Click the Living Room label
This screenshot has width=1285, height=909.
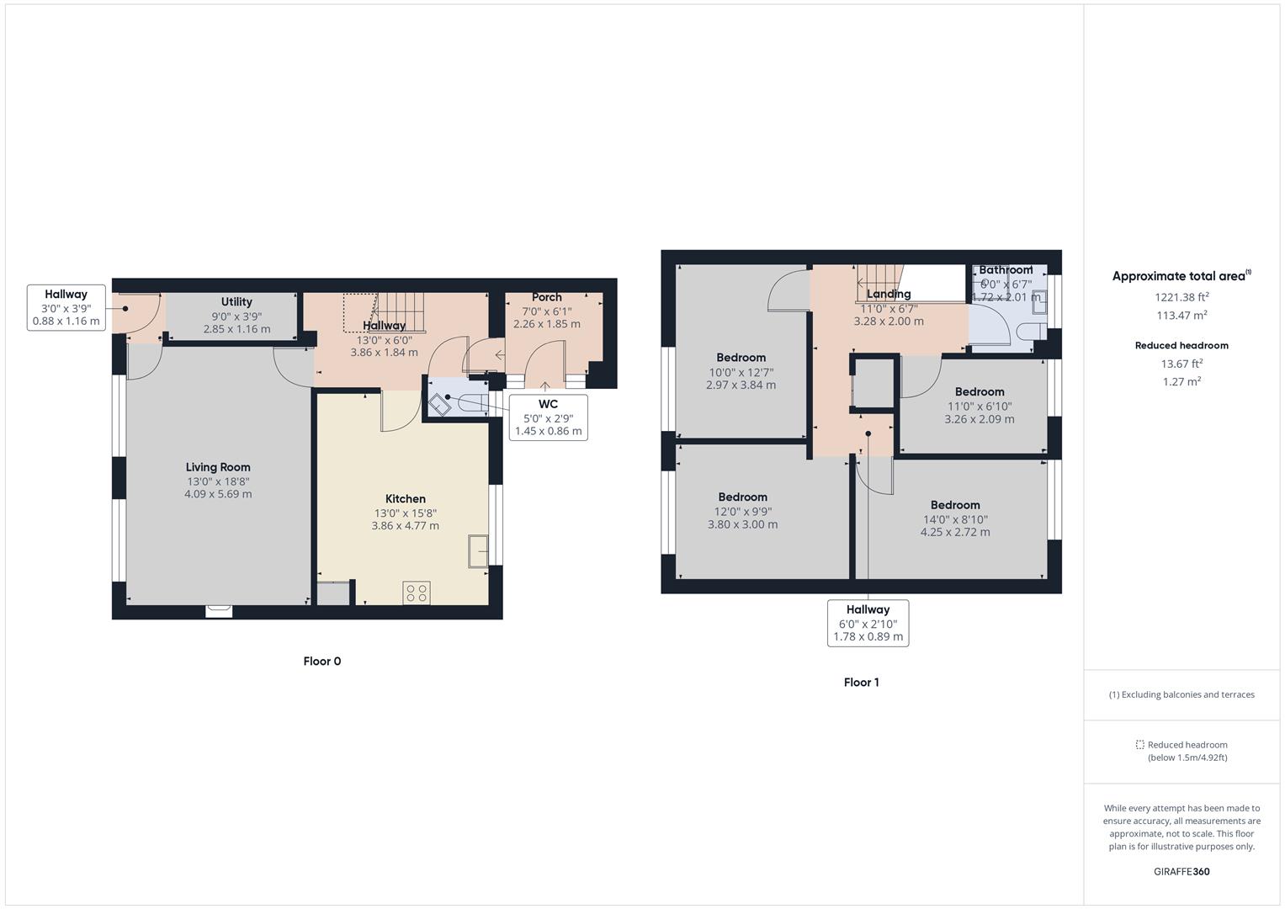[x=218, y=467]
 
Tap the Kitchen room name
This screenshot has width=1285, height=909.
[x=405, y=499]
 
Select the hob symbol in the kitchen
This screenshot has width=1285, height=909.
[x=417, y=593]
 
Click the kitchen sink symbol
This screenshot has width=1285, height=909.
[x=478, y=551]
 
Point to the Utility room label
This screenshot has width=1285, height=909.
[x=236, y=302]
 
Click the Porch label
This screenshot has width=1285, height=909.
[x=546, y=297]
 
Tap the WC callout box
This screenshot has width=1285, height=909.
[x=548, y=417]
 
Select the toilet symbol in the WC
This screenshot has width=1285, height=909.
[x=440, y=403]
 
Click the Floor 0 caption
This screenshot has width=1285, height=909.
[x=322, y=662]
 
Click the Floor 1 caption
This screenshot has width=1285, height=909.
[x=861, y=683]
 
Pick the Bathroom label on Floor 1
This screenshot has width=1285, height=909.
[x=1005, y=270]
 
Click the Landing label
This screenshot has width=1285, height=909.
[x=889, y=294]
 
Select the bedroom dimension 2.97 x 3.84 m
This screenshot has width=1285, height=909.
[x=741, y=385]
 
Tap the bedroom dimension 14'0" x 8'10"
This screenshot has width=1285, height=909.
[x=954, y=519]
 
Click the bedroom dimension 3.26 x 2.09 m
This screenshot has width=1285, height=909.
[x=979, y=419]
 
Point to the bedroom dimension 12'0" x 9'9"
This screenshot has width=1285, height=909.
[x=742, y=511]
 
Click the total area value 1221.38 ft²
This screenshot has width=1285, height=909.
[x=1181, y=297]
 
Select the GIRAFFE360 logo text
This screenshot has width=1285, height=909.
[x=1181, y=872]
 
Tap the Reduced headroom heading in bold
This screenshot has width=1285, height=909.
[x=1181, y=345]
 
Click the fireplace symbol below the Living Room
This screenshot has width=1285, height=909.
[x=219, y=611]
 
